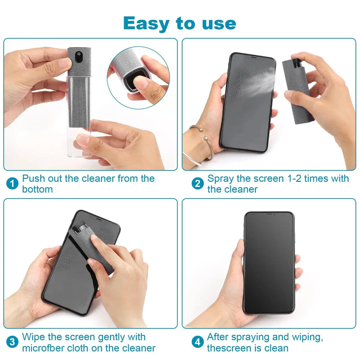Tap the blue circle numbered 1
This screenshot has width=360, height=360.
(13, 184)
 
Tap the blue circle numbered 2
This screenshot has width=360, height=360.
(198, 184)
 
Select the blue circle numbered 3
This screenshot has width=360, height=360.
(13, 342)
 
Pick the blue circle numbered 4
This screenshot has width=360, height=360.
(198, 342)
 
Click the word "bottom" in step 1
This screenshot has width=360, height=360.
(37, 189)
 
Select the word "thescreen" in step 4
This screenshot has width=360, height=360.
(230, 348)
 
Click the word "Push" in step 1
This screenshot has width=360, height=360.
(33, 179)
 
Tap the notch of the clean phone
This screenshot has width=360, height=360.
(269, 215)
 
